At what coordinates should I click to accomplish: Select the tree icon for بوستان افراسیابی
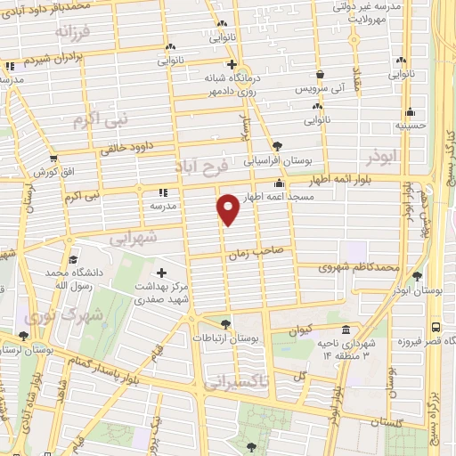(x=278, y=145)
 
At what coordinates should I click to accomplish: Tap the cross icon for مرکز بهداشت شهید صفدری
(x=161, y=273)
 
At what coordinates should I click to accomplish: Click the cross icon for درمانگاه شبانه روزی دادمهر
(x=232, y=65)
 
